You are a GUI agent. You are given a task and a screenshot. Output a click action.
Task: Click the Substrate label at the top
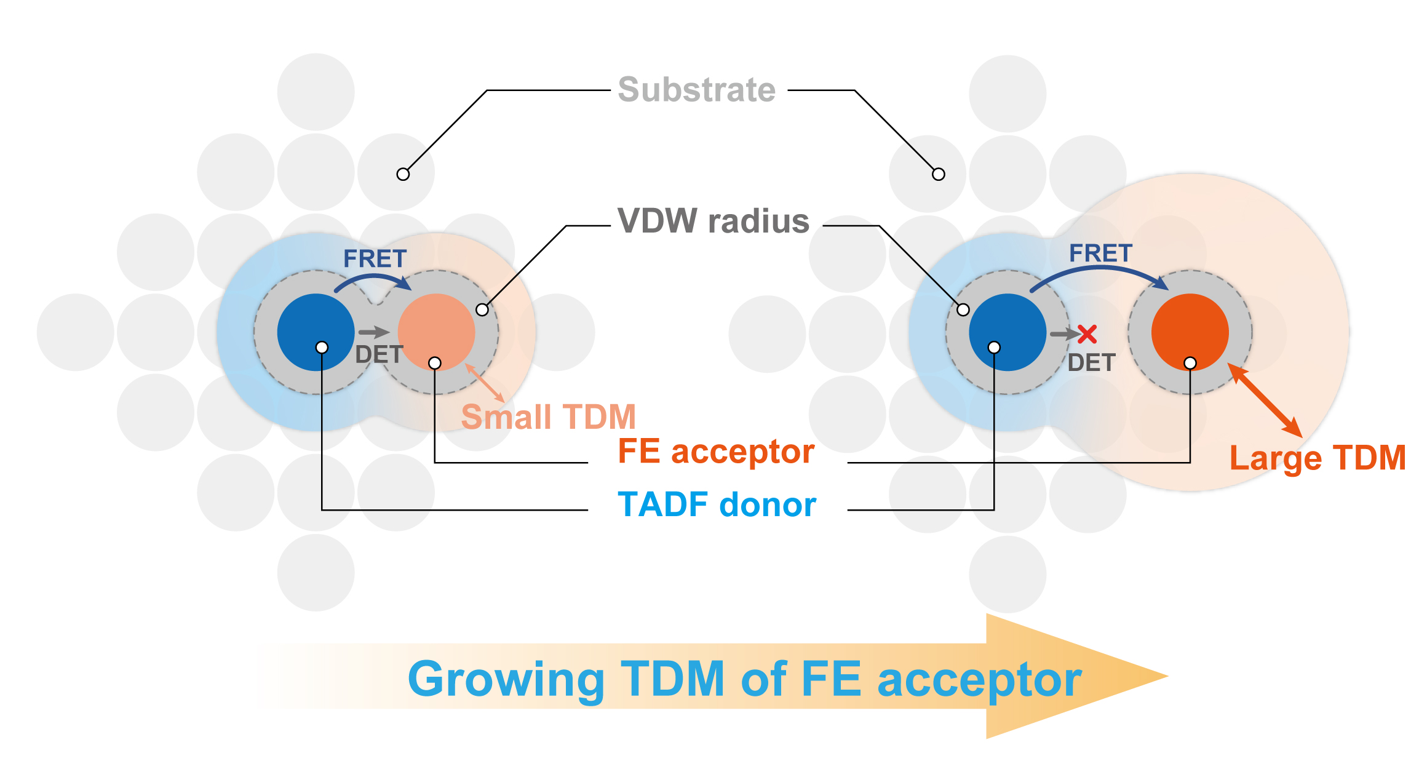pyautogui.click(x=696, y=90)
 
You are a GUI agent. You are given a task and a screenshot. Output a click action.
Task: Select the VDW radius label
pyautogui.click(x=713, y=221)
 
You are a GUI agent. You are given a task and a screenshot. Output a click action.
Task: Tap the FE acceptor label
pyautogui.click(x=716, y=452)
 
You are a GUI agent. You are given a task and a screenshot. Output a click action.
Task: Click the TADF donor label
pyautogui.click(x=717, y=505)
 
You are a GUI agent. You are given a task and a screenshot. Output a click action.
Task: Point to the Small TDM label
pyautogui.click(x=548, y=417)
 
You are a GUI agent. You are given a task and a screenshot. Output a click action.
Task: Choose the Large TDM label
pyautogui.click(x=1318, y=458)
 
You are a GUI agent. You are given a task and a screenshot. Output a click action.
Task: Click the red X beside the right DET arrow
pyautogui.click(x=1087, y=334)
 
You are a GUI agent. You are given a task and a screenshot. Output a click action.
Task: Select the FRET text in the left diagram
pyautogui.click(x=375, y=259)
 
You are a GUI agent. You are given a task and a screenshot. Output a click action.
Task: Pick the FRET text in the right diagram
pyautogui.click(x=1100, y=253)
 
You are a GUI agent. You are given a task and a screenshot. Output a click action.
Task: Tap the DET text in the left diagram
pyautogui.click(x=379, y=355)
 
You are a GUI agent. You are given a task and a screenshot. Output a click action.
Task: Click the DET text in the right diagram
pyautogui.click(x=1091, y=363)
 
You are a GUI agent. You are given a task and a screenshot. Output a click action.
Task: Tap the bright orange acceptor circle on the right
pyautogui.click(x=1190, y=326)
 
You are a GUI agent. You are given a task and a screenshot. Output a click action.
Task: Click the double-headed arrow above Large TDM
pyautogui.click(x=1265, y=400)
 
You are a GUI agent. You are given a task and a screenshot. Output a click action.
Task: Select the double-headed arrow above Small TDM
pyautogui.click(x=485, y=383)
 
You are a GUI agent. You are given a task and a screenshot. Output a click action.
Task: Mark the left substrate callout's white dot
pyautogui.click(x=403, y=174)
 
